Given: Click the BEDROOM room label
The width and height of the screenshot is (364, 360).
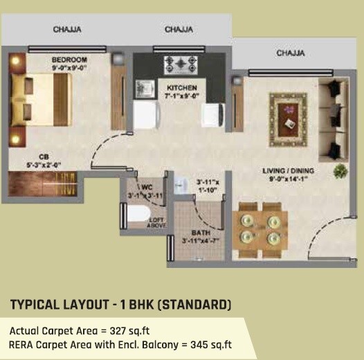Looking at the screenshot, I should [x=69, y=60].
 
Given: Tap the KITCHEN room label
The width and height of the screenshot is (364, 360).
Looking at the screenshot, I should [x=182, y=88].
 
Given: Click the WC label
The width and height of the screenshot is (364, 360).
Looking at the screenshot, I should [x=147, y=187].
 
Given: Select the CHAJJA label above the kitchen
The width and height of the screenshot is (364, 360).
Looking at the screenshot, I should [x=179, y=30].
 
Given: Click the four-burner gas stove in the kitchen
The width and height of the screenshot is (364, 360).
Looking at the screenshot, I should [x=179, y=64].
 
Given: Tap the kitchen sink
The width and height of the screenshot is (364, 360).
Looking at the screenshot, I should [x=145, y=88].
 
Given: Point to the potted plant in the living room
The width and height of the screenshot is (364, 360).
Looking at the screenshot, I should [x=339, y=171].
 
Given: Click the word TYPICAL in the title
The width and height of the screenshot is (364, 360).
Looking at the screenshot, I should [x=36, y=305].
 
